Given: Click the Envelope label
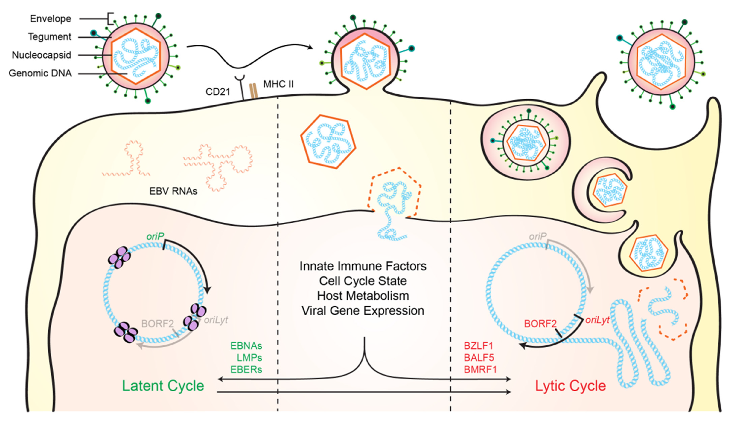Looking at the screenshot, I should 51,19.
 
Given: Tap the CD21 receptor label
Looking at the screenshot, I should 218,92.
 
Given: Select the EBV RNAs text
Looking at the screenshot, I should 173,191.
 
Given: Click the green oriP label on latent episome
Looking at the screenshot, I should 155,237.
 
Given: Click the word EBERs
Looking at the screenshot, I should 246,370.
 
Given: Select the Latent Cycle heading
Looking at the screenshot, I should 163,386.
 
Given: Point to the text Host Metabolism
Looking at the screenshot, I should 363,296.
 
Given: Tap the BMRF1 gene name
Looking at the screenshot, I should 480,370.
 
